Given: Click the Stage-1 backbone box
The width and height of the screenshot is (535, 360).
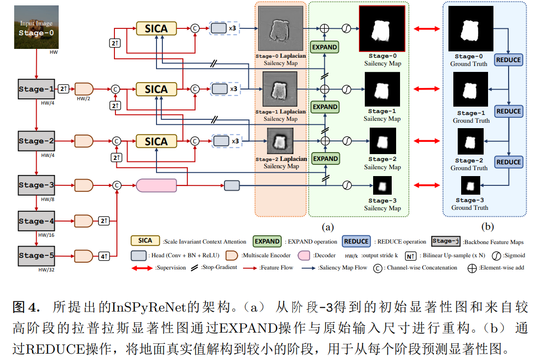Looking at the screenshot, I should tap(37, 89).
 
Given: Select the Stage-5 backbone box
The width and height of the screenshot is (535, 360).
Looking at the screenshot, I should tap(37, 255).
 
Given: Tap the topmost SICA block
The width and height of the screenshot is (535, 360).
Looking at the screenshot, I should tap(156, 29).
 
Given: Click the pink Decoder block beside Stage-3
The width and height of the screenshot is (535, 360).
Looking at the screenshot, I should tap(156, 185).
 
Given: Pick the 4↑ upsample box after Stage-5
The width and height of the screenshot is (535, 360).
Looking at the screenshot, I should tap(104, 256).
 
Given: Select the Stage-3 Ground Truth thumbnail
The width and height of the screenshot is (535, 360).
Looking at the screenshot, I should tap(470, 186).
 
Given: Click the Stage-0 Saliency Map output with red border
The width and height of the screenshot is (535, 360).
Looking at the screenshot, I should tap(382, 29).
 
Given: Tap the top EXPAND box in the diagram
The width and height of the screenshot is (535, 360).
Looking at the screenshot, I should tap(325, 47).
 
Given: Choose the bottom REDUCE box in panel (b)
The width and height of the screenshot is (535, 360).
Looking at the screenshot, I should tap(509, 162).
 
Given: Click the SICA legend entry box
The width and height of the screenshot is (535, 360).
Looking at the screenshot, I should tap(145, 241).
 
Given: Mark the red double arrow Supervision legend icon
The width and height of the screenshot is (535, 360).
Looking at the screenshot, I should tap(142, 268).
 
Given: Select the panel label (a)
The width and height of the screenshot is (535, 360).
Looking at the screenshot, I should tap(327, 226).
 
